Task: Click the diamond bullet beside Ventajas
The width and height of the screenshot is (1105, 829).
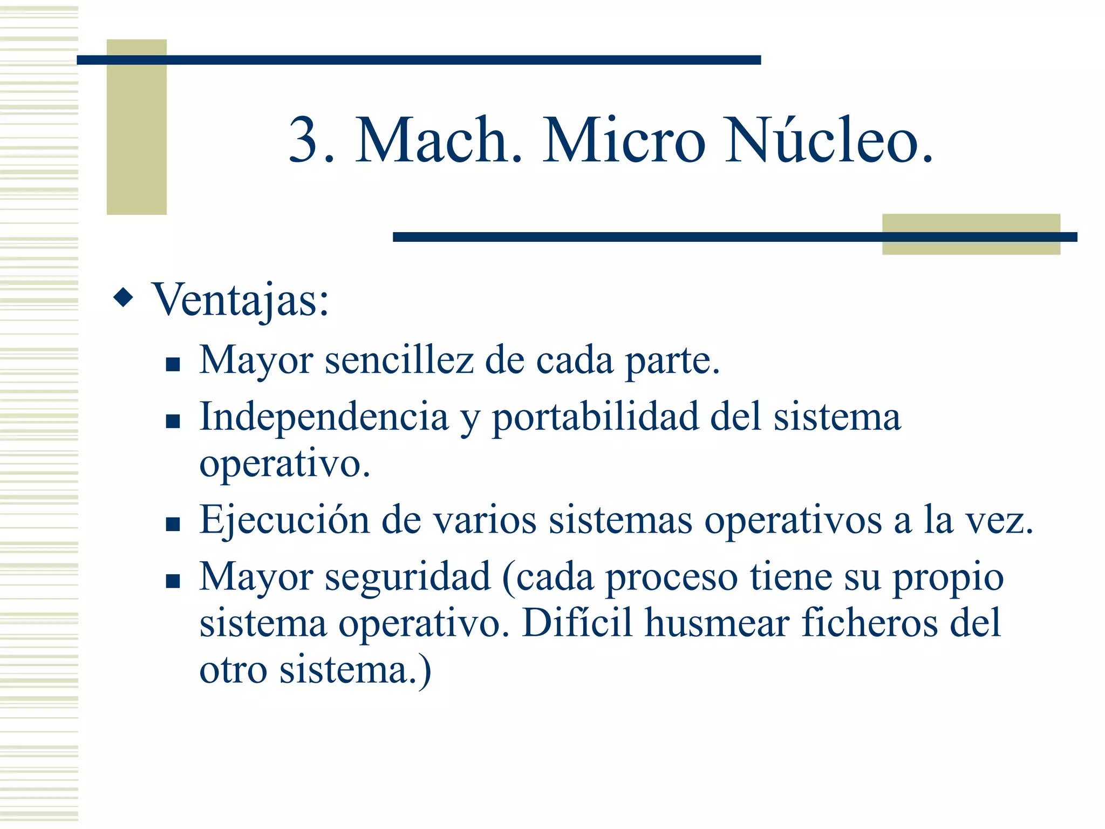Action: tap(124, 297)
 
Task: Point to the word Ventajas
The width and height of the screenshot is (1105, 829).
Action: tap(240, 300)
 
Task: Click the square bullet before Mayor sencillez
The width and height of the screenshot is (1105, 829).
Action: tap(173, 365)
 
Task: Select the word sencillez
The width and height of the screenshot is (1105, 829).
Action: tap(399, 361)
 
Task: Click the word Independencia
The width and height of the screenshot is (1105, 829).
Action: tap(324, 417)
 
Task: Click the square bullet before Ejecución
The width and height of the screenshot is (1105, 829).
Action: tap(173, 524)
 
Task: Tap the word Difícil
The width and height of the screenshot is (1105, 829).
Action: tap(577, 623)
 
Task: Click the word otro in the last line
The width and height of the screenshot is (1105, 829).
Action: tap(233, 670)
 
